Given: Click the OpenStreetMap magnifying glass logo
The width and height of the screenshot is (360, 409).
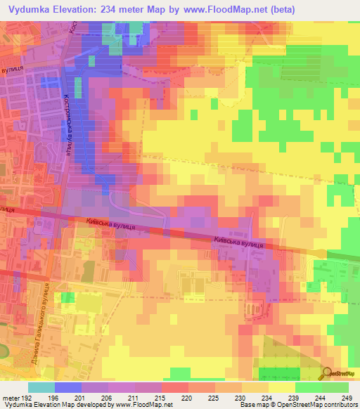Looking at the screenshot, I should (x=328, y=373).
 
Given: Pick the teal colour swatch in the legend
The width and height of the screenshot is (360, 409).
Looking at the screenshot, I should (x=41, y=387).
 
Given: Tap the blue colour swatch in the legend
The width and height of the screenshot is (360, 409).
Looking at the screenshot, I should (x=67, y=387).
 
